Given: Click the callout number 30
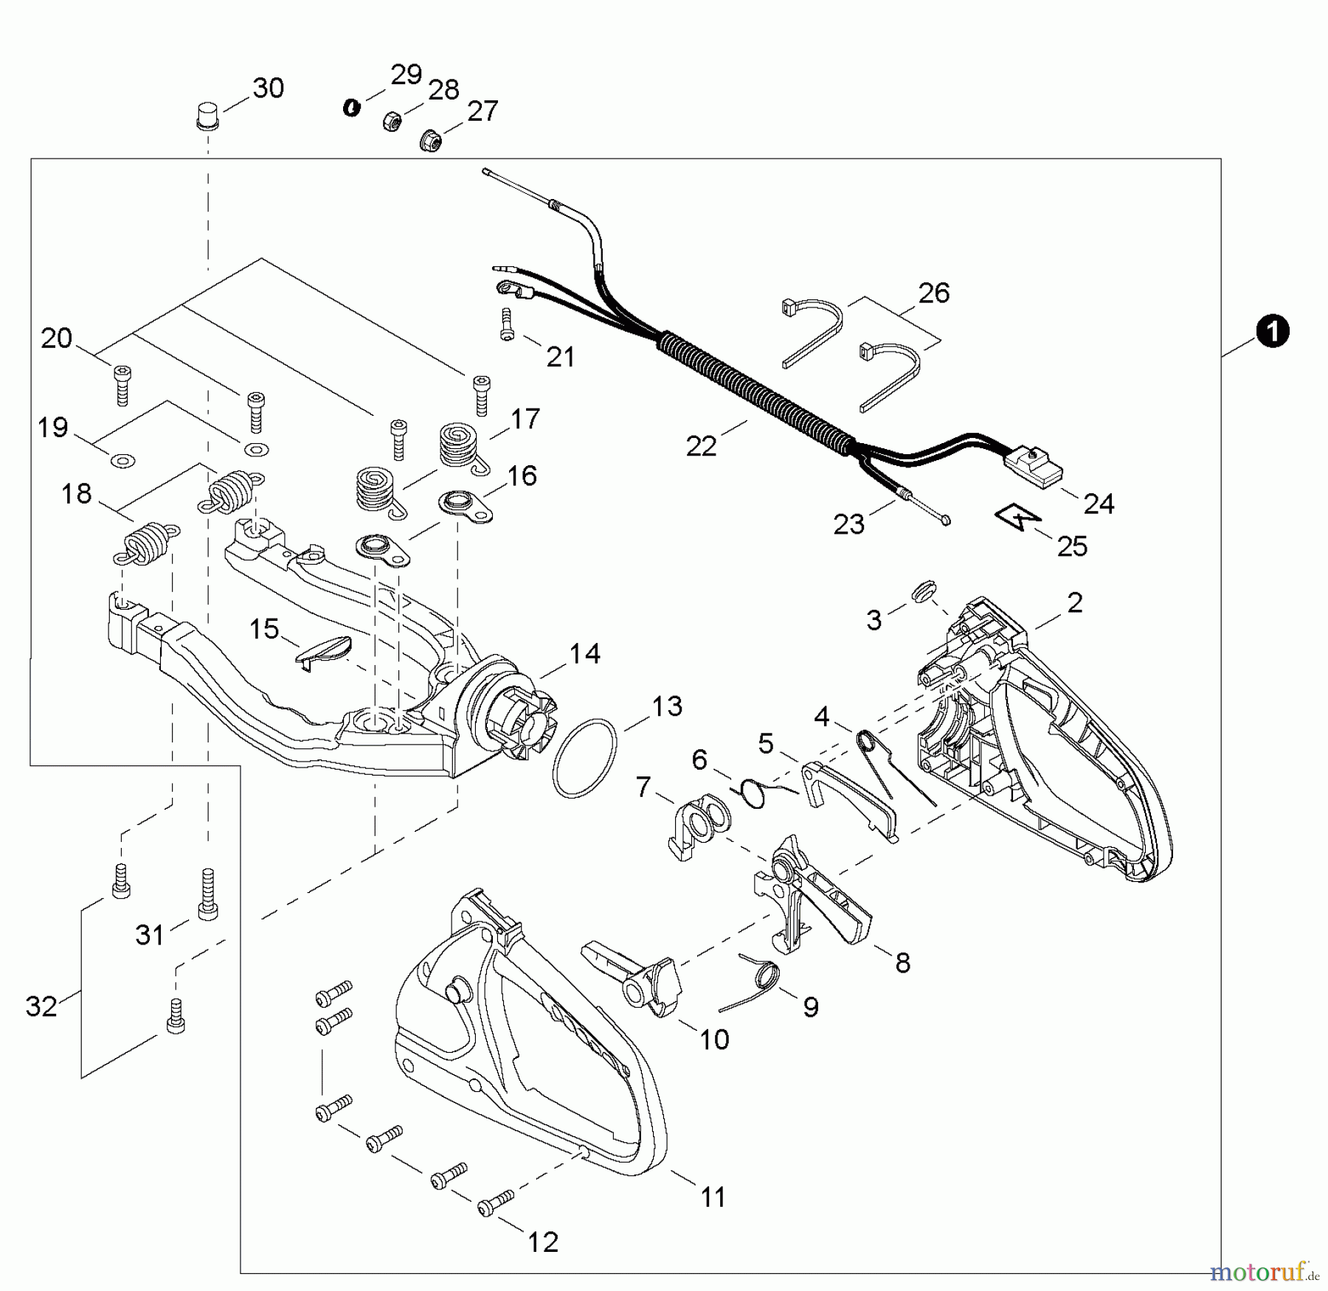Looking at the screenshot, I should [268, 88].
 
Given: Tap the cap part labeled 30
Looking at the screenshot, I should [207, 117].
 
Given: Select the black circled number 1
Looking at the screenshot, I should [1273, 331].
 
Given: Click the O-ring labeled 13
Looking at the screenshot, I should [584, 757].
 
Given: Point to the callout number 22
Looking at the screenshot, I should [701, 445].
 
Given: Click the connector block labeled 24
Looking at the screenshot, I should [1034, 467].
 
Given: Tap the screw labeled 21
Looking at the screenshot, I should [506, 324].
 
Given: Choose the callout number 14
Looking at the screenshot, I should [584, 653].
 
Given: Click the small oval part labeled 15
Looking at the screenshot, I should [324, 648].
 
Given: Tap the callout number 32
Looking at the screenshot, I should [41, 1006].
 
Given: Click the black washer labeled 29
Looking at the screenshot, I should [352, 108].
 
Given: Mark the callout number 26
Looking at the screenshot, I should [933, 293].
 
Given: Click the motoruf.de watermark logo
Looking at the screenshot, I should [1258, 1272].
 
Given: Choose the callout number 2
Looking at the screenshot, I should [1075, 602].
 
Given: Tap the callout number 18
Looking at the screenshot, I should [76, 494].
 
